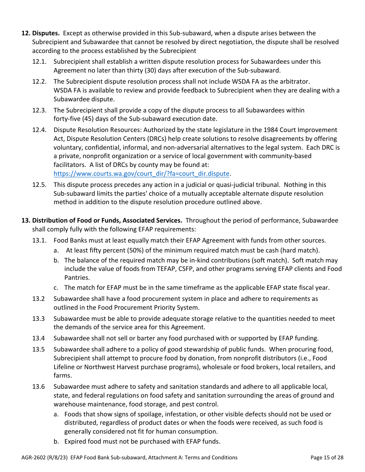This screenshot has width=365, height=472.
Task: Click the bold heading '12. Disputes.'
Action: coord(40,33)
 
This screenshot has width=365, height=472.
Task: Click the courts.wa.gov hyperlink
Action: coord(141,173)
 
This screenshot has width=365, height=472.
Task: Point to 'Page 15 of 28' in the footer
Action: coord(327,457)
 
